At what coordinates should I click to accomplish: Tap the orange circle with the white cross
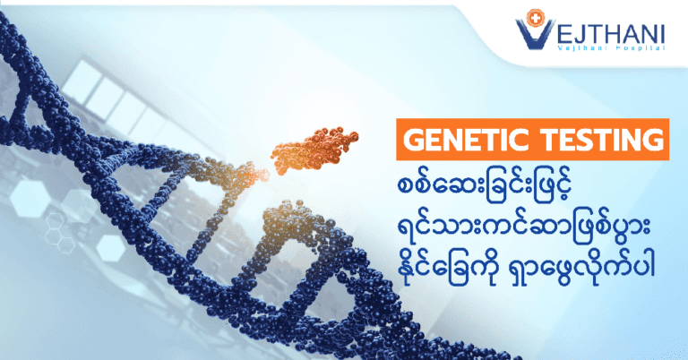tap(535, 17)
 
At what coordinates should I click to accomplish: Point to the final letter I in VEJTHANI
tap(662, 34)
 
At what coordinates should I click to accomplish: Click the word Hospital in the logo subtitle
tap(643, 47)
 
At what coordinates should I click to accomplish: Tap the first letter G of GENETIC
tap(413, 140)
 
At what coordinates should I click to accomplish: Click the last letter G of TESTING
tap(653, 140)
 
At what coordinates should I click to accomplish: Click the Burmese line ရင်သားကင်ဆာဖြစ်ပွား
tap(524, 228)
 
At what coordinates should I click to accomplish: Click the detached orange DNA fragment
tap(314, 150)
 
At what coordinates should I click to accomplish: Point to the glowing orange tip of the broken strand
tap(262, 175)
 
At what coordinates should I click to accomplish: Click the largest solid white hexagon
tap(30, 198)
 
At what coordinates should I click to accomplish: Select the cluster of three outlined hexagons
tap(59, 233)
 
